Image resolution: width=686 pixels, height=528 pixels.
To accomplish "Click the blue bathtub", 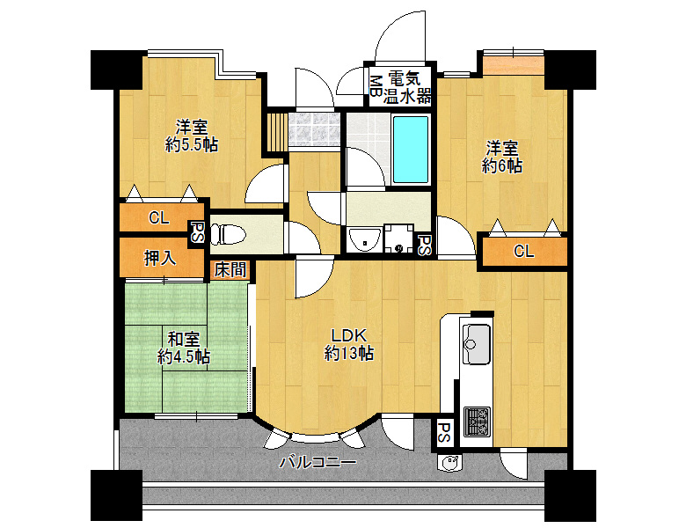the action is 410,149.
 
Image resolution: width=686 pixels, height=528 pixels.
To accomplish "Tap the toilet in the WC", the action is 228,235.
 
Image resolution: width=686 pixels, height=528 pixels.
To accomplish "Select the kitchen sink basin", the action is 476,344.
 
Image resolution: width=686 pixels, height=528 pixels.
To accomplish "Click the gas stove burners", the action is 477,422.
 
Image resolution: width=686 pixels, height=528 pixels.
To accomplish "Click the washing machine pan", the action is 398,238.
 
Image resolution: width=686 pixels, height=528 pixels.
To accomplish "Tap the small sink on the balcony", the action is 449,463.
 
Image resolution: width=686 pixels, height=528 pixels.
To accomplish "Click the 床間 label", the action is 230,269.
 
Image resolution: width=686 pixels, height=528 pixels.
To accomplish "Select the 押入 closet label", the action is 160,259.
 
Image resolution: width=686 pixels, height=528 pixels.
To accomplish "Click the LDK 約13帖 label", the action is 348,344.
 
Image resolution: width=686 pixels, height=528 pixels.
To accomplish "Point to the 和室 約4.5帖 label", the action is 184,348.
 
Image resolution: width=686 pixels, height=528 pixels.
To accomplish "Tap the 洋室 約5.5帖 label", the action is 191,136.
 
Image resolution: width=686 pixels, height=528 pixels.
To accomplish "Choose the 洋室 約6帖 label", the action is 502,157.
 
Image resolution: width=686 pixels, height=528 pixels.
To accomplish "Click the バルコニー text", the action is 318,462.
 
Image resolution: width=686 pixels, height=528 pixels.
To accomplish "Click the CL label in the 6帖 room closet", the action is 523,252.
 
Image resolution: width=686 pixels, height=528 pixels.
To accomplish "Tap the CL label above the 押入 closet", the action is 159,217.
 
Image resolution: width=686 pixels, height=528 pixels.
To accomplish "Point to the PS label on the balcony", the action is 444,434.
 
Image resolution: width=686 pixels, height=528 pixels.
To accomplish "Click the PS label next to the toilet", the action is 197,232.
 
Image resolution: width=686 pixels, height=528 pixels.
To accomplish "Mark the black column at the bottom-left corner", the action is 116,495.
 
